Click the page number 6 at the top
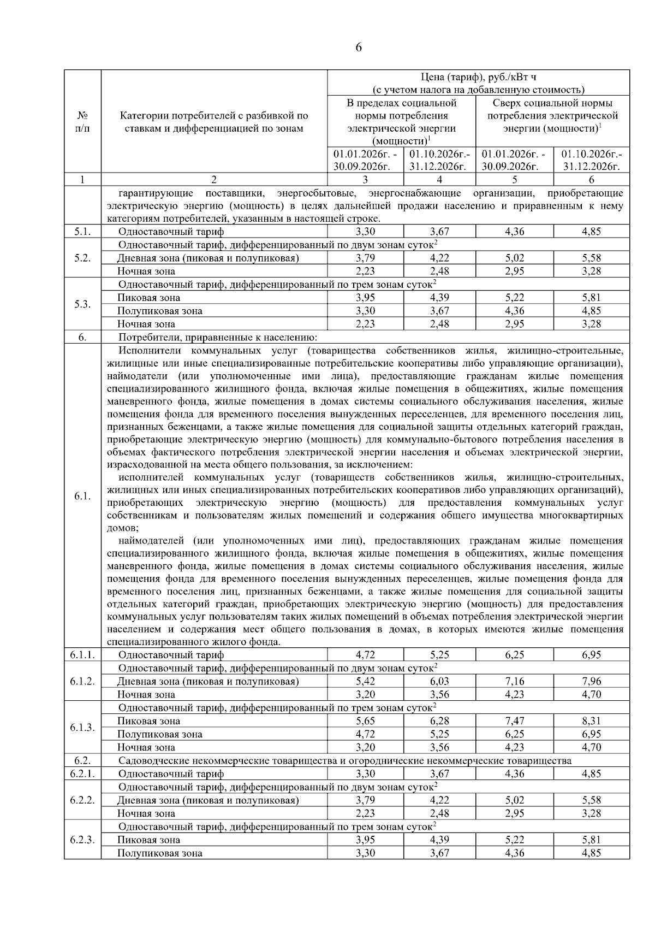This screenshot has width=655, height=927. [x=358, y=48]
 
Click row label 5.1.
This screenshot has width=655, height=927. [x=82, y=232]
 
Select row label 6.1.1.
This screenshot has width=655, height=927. [x=82, y=655]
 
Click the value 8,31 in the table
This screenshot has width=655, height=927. [x=591, y=721]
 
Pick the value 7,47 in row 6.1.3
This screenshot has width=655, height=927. [x=514, y=721]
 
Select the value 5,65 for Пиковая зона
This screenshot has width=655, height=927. [x=365, y=721]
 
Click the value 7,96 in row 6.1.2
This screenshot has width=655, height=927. [x=591, y=681]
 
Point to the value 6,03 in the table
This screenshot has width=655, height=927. [x=439, y=681]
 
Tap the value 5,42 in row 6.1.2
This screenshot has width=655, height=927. [x=365, y=681]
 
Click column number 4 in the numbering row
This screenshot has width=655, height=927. [x=439, y=180]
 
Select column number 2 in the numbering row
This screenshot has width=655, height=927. [x=214, y=180]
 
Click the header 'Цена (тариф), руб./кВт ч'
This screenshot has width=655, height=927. [x=478, y=77]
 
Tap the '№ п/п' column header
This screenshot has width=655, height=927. [x=82, y=122]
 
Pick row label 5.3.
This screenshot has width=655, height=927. [x=82, y=304]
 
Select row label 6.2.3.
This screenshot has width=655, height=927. [x=82, y=840]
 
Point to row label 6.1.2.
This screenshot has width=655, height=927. [x=82, y=681]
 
